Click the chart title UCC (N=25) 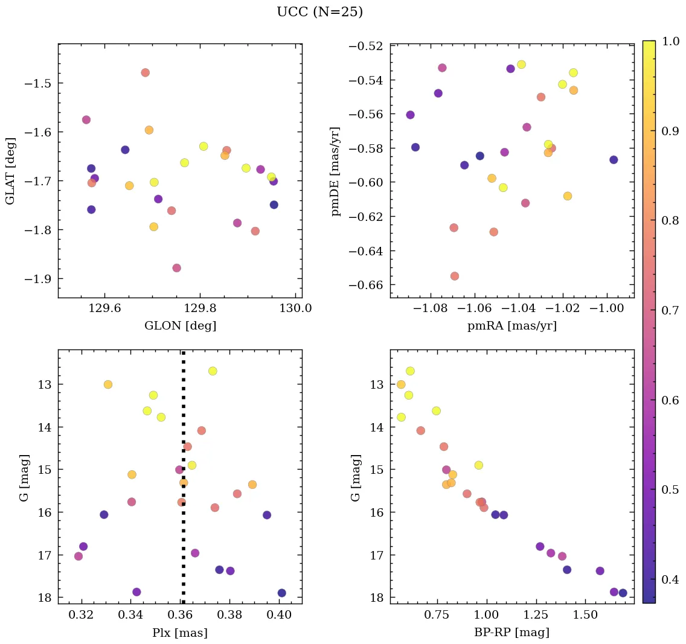pyautogui.click(x=319, y=12)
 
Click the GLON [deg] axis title pyautogui.click(x=180, y=326)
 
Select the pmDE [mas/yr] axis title pyautogui.click(x=336, y=171)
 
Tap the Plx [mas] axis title pyautogui.click(x=180, y=633)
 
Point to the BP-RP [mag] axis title pyautogui.click(x=512, y=633)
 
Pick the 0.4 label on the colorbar pyautogui.click(x=671, y=579)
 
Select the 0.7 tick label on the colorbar pyautogui.click(x=671, y=311)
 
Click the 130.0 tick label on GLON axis pyautogui.click(x=295, y=308)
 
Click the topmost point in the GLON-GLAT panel pyautogui.click(x=145, y=72)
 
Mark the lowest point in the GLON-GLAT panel pyautogui.click(x=176, y=268)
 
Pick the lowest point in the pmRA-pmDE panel pyautogui.click(x=455, y=276)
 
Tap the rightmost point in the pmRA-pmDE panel pyautogui.click(x=614, y=159)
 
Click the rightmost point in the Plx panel pyautogui.click(x=281, y=593)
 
